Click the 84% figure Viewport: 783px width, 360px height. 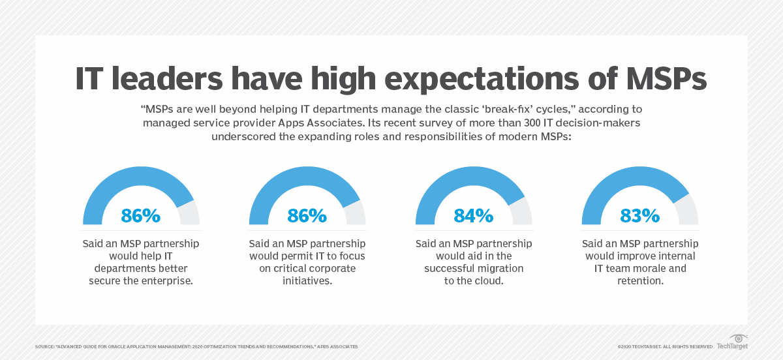(473, 215)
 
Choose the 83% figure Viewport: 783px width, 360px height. (639, 215)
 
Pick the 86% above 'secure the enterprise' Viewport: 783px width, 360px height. (141, 215)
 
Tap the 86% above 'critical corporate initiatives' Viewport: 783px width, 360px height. (307, 215)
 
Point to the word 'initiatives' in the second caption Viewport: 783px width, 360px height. (307, 280)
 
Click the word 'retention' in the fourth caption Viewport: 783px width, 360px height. (639, 280)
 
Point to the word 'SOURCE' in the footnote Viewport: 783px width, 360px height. (46, 346)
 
